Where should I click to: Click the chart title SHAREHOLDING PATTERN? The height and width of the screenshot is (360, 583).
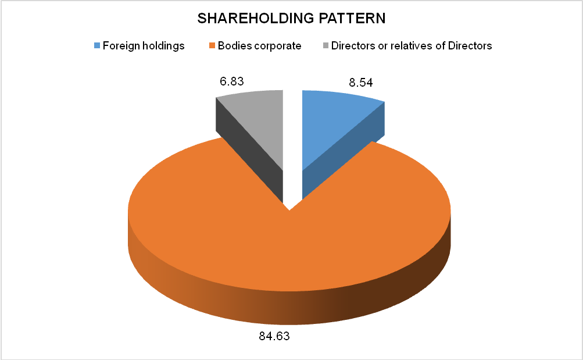coord(291,18)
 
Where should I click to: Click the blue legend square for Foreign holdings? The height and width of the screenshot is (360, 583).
coord(97,46)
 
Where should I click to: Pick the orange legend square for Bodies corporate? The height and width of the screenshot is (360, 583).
coord(212,46)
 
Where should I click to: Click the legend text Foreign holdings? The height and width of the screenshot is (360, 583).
coord(143,46)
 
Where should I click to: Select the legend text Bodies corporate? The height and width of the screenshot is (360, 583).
coord(259,46)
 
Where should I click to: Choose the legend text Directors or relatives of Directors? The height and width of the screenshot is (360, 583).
coord(412,46)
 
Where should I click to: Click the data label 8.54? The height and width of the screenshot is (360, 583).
coord(360,83)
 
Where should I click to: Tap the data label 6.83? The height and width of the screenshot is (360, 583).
coord(231,81)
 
